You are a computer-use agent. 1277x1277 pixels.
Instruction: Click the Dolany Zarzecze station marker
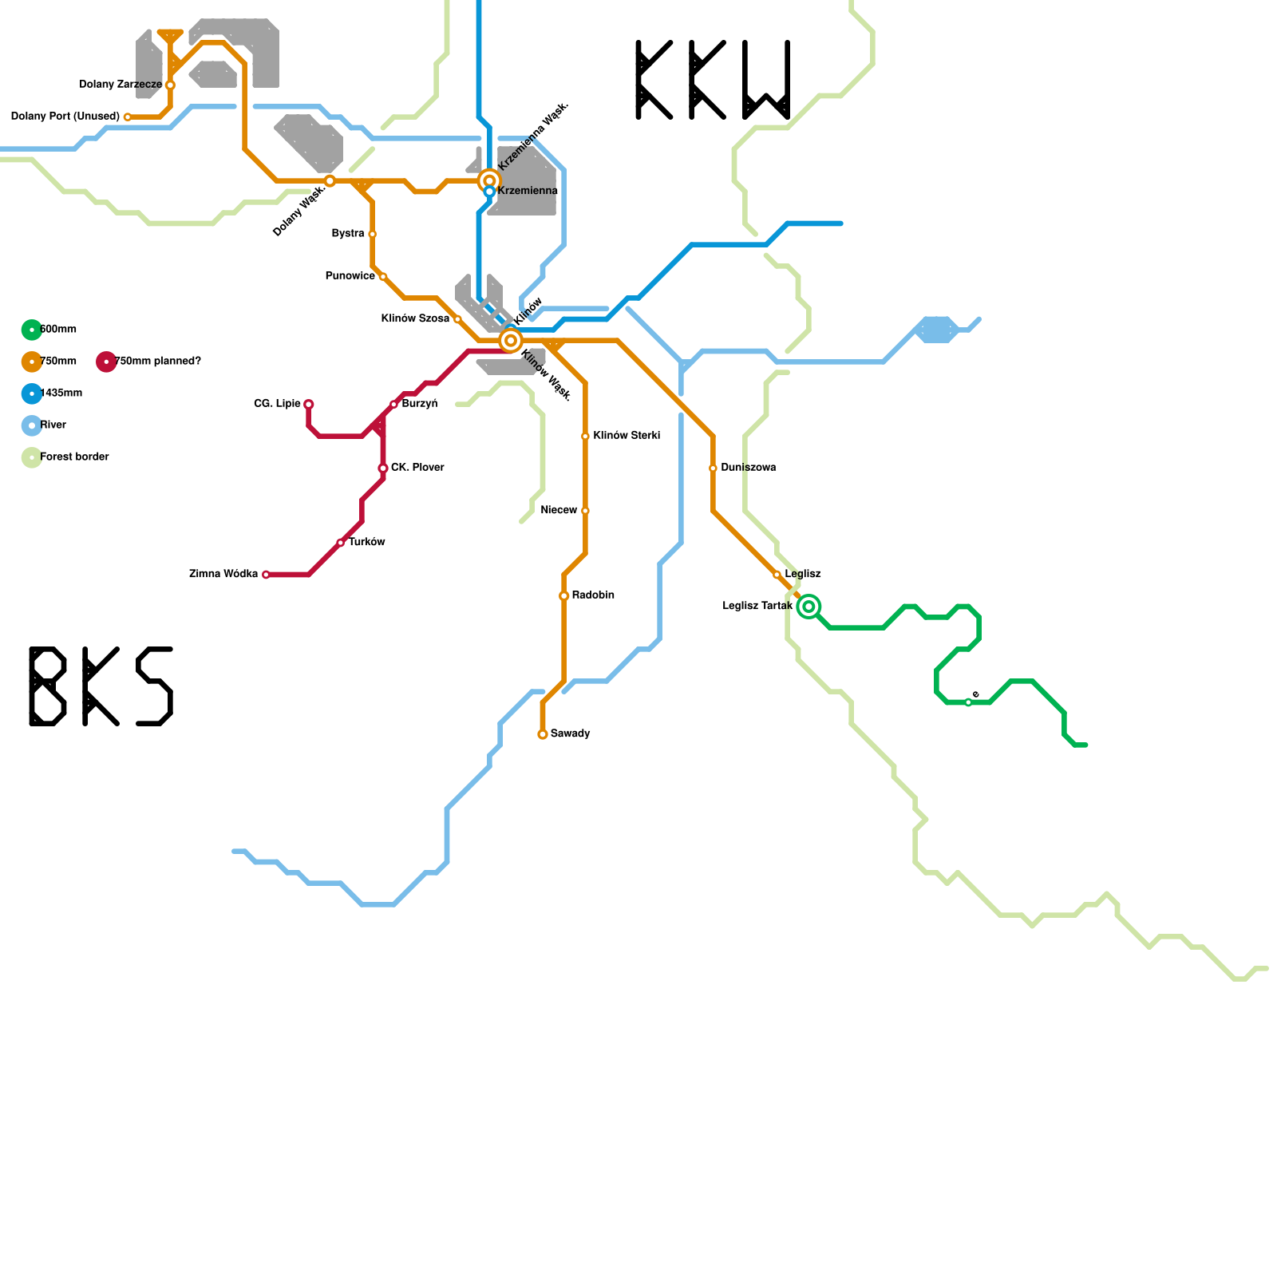(x=170, y=85)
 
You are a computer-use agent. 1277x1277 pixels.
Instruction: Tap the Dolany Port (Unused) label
(x=65, y=117)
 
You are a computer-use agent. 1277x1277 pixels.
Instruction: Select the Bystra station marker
(x=373, y=234)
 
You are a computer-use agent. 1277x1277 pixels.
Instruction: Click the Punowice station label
(x=350, y=276)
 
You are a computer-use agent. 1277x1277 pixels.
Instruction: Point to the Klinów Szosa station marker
(x=457, y=319)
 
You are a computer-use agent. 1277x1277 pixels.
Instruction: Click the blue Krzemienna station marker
(x=489, y=192)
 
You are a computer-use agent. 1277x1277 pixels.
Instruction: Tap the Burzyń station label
(x=420, y=404)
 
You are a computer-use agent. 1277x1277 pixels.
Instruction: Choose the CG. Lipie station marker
(x=309, y=405)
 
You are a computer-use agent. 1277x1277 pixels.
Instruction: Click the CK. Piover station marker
(x=383, y=468)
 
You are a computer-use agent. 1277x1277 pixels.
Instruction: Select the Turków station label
(x=367, y=542)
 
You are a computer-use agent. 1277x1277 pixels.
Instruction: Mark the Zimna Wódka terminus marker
(x=266, y=575)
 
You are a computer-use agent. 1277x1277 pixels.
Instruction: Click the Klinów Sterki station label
(x=627, y=436)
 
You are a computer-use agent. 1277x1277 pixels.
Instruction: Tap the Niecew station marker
(x=585, y=511)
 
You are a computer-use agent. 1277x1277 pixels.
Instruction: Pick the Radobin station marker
(x=564, y=596)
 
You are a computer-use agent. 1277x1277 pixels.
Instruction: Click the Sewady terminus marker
(x=543, y=734)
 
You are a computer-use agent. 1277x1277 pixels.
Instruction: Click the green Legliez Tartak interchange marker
(x=809, y=607)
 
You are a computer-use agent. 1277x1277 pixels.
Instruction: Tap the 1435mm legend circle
(x=32, y=393)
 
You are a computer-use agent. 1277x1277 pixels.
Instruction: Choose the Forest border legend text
(x=74, y=457)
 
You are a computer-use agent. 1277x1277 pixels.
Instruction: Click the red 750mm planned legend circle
(x=106, y=362)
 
